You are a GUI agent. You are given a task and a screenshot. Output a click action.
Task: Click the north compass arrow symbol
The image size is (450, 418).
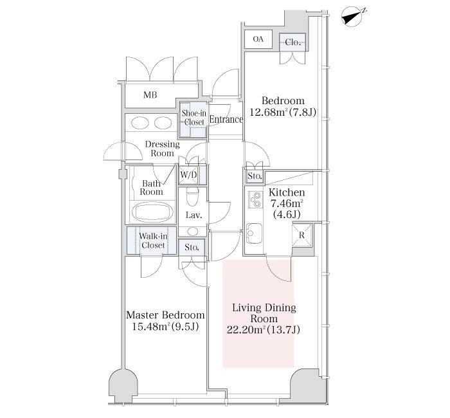click(352, 17)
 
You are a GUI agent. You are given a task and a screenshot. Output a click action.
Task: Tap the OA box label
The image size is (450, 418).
click(258, 39)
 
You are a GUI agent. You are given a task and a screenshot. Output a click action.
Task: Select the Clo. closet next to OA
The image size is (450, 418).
click(292, 42)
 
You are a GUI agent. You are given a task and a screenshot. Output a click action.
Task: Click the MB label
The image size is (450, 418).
click(150, 95)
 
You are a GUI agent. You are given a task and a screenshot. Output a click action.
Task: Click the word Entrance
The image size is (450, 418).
click(226, 120)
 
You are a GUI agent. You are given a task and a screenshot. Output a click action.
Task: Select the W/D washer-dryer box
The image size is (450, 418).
click(189, 174)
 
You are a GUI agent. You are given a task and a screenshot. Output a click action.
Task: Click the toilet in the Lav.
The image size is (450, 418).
click(193, 196)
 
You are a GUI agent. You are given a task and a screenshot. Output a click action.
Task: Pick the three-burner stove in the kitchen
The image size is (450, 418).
click(255, 199)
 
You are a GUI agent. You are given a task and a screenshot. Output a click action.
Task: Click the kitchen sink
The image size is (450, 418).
click(254, 233)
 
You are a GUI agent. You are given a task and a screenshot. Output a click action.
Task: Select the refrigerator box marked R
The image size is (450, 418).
click(301, 235)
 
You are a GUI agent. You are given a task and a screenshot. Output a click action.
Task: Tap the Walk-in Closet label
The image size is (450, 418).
click(153, 241)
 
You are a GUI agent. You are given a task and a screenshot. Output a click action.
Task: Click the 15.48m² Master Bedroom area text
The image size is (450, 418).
click(165, 327)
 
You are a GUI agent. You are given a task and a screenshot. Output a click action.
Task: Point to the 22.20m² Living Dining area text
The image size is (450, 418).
click(264, 330)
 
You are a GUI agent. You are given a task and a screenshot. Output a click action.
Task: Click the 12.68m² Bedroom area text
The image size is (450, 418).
click(283, 112)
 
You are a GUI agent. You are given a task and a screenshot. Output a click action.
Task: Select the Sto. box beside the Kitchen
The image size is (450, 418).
click(255, 176)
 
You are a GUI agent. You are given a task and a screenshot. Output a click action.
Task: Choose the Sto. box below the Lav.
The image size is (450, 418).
click(192, 247)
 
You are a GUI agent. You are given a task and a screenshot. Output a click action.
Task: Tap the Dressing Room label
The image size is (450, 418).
click(163, 149)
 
